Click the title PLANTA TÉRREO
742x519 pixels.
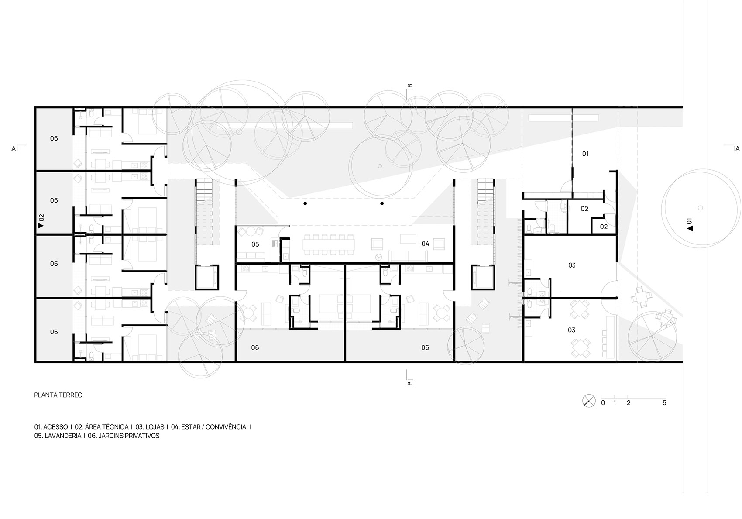coord(58,395)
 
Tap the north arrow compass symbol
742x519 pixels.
coord(589,401)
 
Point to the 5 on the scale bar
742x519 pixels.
coord(664,403)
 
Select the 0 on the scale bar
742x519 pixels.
coord(603,403)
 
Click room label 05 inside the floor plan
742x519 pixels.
coord(255,244)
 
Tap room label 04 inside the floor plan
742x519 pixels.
coord(425,244)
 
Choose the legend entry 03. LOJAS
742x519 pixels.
coord(150,427)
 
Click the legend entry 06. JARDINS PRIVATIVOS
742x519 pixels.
coord(124,436)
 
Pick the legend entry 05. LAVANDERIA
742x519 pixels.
coord(58,436)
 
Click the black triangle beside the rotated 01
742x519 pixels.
coord(690,228)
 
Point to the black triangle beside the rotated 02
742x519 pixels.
coord(41,226)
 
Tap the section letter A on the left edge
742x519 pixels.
coord(14,149)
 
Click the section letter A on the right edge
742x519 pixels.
coord(737,149)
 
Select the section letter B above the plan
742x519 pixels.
coord(410,86)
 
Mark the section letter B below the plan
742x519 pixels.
coord(410,383)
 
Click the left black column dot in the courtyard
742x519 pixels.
coord(305,203)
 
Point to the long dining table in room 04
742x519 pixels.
coord(329,245)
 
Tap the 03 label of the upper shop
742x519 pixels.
coord(572,265)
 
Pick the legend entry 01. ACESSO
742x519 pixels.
coord(51,427)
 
